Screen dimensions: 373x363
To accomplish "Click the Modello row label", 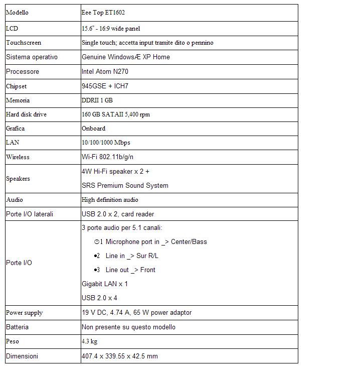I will click(x=17, y=12).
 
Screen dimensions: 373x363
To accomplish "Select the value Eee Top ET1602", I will click(x=103, y=12).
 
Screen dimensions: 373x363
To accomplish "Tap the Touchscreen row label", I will click(x=24, y=43).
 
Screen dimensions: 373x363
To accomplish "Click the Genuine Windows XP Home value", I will click(x=126, y=57).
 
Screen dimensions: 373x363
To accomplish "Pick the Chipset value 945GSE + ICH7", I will click(x=105, y=86).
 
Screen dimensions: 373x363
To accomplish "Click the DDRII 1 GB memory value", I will click(x=97, y=100).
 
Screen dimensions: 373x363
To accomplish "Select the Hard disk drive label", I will click(x=26, y=114).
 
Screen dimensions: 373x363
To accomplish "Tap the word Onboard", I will click(x=93, y=128).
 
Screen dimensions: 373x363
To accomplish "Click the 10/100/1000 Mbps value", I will click(x=106, y=143).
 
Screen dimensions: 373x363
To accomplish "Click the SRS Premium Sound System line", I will click(x=125, y=185).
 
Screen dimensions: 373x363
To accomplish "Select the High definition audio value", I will click(x=110, y=199).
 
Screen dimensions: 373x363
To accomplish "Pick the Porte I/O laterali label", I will click(x=30, y=214).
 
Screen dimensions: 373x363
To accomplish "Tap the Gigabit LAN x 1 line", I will click(x=105, y=284).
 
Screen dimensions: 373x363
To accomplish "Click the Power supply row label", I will click(x=24, y=312).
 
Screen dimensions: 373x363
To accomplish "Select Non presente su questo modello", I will click(x=128, y=327).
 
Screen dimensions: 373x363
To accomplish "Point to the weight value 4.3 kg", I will click(x=89, y=341).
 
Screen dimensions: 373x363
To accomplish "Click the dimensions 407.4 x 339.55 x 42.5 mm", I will click(x=119, y=356).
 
